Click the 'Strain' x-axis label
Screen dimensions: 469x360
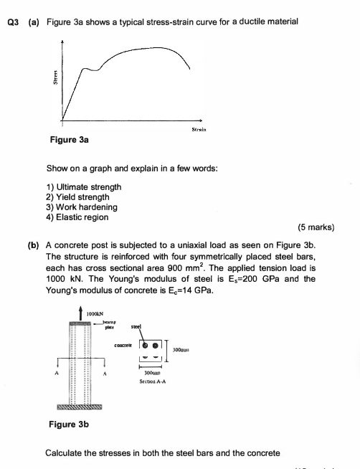pyautogui.click(x=199, y=131)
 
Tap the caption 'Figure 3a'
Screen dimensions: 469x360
pyautogui.click(x=69, y=141)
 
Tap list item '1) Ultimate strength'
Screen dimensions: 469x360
pyautogui.click(x=84, y=187)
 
